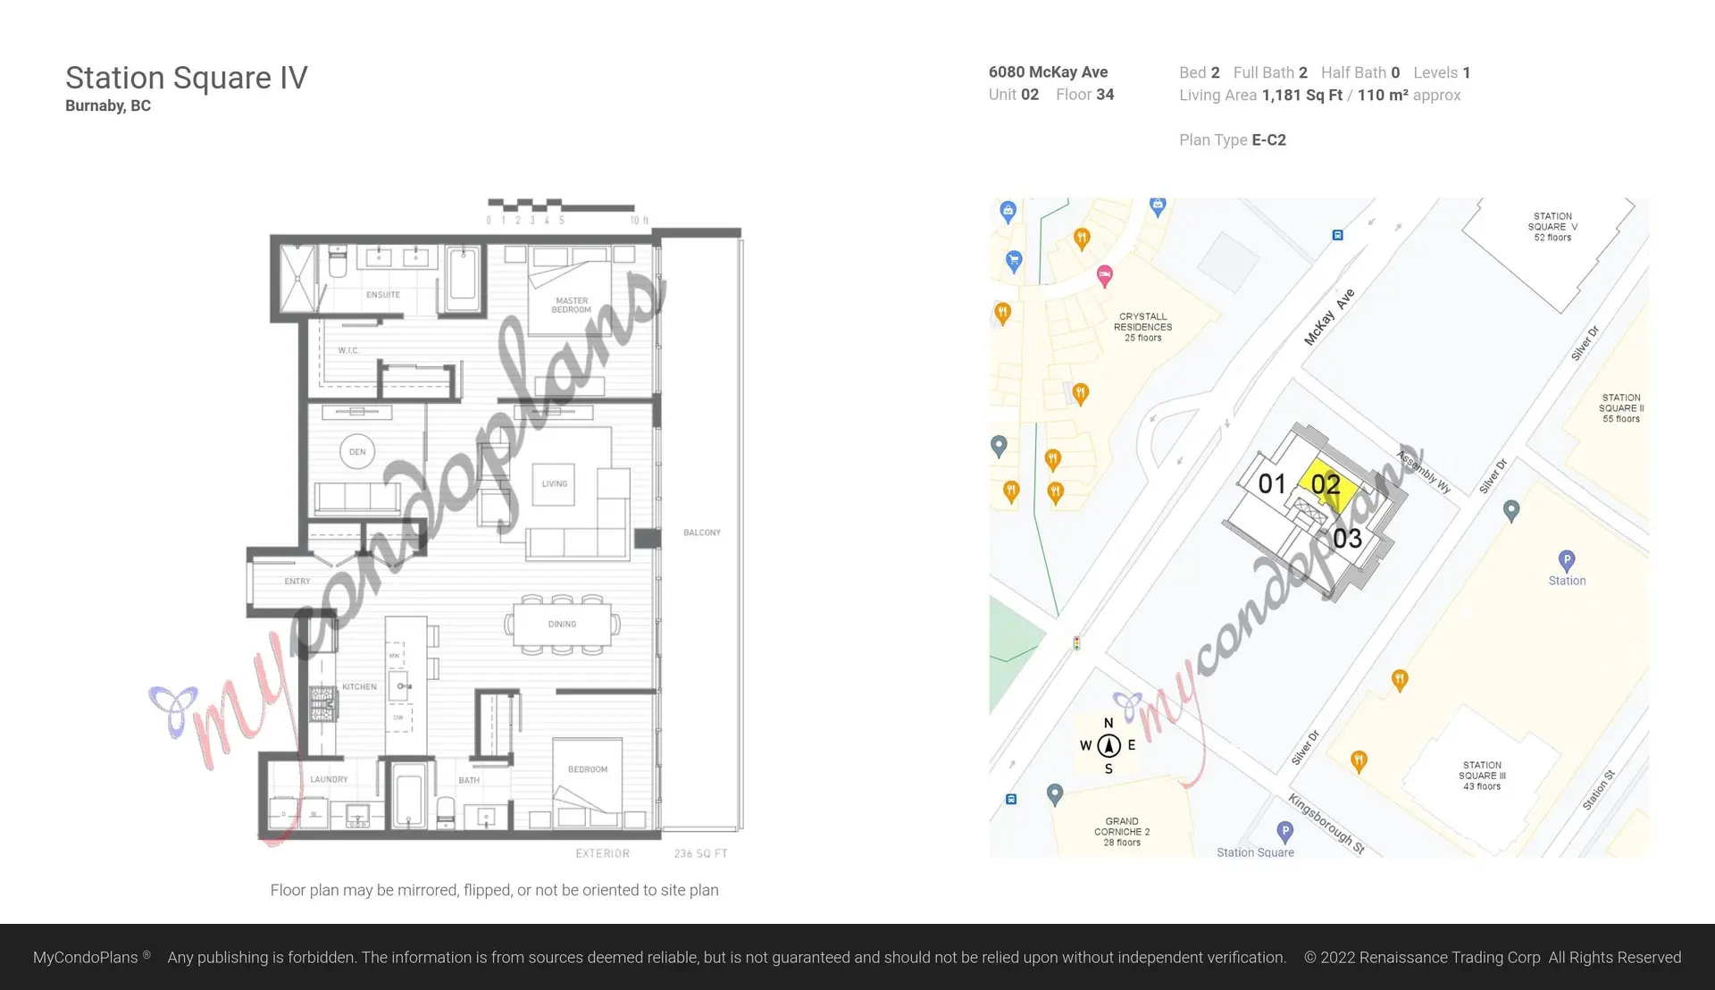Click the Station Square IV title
click(186, 78)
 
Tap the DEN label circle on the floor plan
click(357, 452)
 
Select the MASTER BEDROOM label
click(572, 306)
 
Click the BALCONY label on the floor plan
click(702, 533)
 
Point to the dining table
click(562, 624)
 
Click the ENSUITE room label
click(383, 295)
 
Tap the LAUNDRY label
click(329, 779)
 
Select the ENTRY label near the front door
click(297, 582)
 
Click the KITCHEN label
click(359, 687)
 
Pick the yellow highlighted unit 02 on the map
click(1326, 484)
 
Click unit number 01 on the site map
click(1272, 484)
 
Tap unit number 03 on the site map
click(1347, 538)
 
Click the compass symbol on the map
click(1108, 745)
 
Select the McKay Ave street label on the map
click(1329, 317)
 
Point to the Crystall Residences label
click(1142, 327)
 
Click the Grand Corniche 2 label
click(1122, 831)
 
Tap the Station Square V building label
click(1552, 227)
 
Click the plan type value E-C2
click(1268, 140)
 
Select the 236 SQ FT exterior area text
click(700, 854)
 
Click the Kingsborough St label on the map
click(1326, 824)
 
